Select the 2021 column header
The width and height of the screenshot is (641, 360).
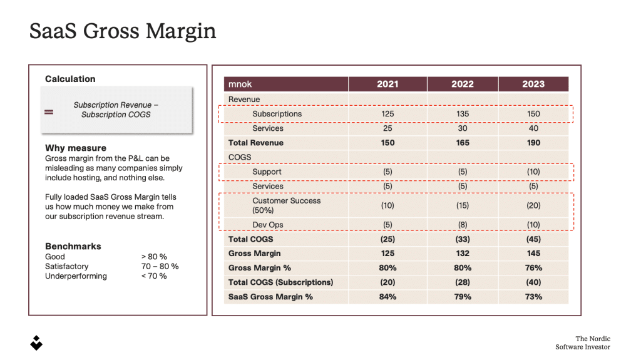[x=387, y=84]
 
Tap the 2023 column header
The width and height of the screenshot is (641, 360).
[x=533, y=84]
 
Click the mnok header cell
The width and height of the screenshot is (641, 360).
[x=240, y=84]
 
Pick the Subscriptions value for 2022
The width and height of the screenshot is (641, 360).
[x=463, y=114]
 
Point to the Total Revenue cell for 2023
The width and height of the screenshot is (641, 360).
[x=533, y=143]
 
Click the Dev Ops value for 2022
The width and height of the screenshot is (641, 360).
[x=463, y=225]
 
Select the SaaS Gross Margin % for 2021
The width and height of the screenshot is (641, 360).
[x=387, y=297]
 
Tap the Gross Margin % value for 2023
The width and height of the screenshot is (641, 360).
[x=533, y=268]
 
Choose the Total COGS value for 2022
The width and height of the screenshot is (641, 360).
[x=463, y=239]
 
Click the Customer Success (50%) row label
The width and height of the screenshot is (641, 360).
[x=286, y=205]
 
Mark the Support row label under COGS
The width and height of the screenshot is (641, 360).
[x=267, y=172]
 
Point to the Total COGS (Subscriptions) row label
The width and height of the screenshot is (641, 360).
[x=280, y=282]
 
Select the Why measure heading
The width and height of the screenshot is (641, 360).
[x=76, y=148]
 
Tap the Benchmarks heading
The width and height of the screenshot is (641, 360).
[x=73, y=246]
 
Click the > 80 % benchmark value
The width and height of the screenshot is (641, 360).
[x=154, y=257]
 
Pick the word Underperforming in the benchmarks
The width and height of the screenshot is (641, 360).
[x=76, y=276]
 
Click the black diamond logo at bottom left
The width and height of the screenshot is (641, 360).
[x=36, y=342]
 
